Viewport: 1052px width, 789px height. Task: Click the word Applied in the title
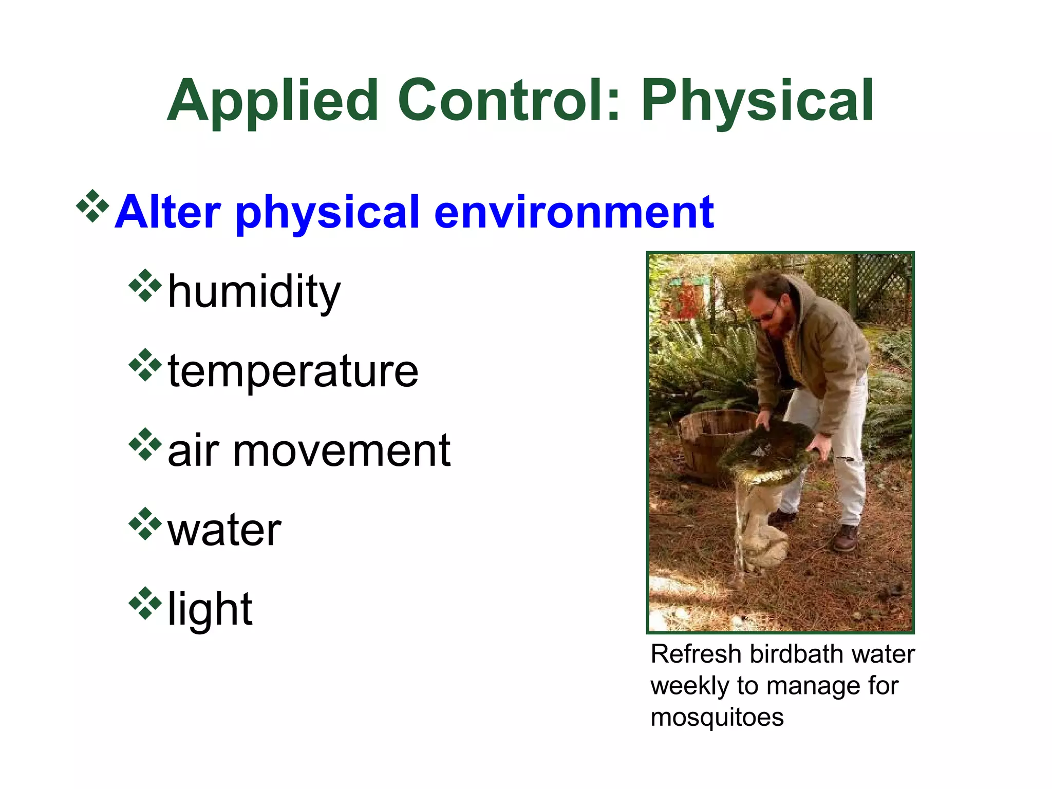point(272,101)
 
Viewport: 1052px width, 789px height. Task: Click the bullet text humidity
point(254,292)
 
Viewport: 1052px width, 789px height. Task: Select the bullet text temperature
point(293,371)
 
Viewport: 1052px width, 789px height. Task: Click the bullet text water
point(224,530)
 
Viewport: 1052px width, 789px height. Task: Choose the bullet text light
point(210,609)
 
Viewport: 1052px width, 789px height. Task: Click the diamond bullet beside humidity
point(145,285)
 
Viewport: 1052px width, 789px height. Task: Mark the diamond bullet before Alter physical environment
point(92,206)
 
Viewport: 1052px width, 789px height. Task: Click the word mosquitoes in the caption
point(717,717)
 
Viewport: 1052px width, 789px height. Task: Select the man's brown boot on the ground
point(845,538)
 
